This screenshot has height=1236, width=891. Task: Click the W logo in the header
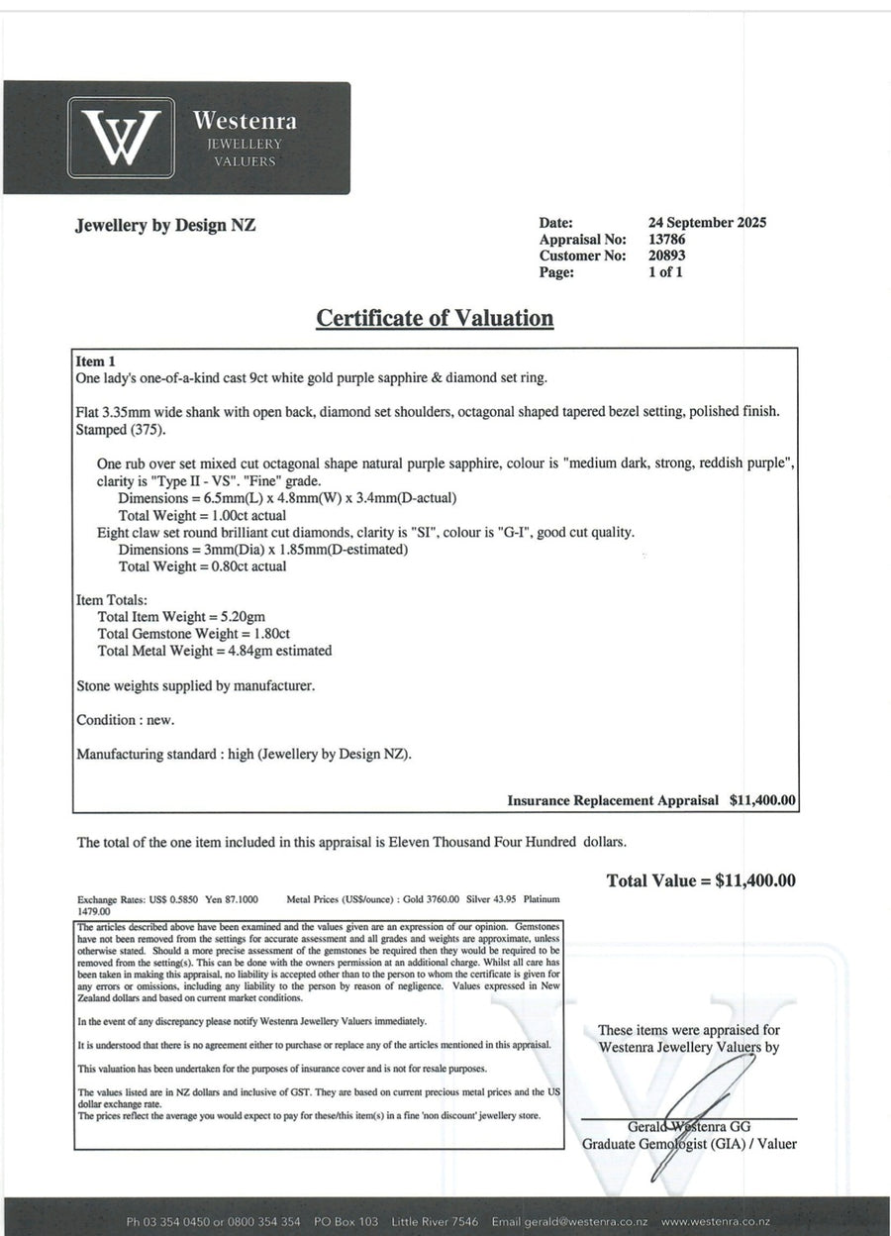coord(121,138)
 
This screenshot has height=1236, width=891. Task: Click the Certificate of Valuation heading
coord(435,318)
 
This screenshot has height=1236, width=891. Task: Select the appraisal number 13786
coord(667,240)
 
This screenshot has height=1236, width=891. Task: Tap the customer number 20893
coord(667,256)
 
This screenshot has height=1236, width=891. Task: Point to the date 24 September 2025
coord(707,223)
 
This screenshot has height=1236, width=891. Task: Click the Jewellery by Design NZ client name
coord(165,225)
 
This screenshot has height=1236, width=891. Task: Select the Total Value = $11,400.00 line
coord(701,880)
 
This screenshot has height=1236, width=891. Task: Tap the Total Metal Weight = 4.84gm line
coord(215,651)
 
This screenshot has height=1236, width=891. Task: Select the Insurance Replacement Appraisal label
coord(613,800)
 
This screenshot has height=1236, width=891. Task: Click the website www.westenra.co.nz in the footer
coord(716,1222)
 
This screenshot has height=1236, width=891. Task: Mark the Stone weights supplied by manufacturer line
coord(195,685)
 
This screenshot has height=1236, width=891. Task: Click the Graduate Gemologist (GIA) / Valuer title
coord(689,1144)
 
